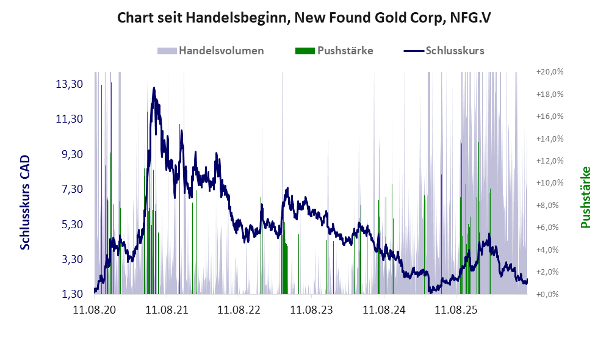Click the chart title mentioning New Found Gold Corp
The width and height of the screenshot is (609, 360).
pyautogui.click(x=304, y=18)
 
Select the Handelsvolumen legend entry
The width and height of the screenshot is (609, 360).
pyautogui.click(x=211, y=51)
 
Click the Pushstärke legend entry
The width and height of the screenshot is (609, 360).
pyautogui.click(x=334, y=51)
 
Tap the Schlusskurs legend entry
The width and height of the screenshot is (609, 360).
pyautogui.click(x=444, y=51)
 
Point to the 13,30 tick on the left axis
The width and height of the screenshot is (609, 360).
pyautogui.click(x=70, y=84)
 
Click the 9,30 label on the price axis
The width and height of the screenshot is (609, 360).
pyautogui.click(x=73, y=154)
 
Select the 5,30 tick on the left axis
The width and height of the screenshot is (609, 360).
pyautogui.click(x=73, y=225)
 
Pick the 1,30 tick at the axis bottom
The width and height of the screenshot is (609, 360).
pyautogui.click(x=73, y=294)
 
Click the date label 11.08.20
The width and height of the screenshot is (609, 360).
pyautogui.click(x=95, y=310)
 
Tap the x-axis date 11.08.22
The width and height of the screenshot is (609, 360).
pyautogui.click(x=239, y=310)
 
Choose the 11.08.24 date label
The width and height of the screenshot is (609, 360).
pyautogui.click(x=384, y=310)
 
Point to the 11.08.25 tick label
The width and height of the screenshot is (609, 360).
pyautogui.click(x=456, y=310)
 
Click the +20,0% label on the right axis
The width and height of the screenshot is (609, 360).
pyautogui.click(x=550, y=72)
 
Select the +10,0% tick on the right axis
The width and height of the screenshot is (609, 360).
pyautogui.click(x=550, y=183)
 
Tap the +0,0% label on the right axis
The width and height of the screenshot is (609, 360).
pyautogui.click(x=547, y=294)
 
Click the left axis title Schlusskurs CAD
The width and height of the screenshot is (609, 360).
pyautogui.click(x=25, y=203)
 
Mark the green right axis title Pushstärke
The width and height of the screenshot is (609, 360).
pyautogui.click(x=585, y=197)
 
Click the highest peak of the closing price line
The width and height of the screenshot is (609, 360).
pyautogui.click(x=154, y=88)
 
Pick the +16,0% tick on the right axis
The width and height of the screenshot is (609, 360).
pyautogui.click(x=550, y=116)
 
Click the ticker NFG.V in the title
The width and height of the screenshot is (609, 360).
pyautogui.click(x=470, y=18)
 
